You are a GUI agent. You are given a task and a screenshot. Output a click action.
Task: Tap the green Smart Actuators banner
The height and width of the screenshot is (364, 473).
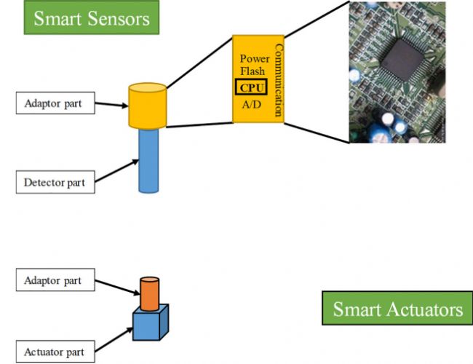pyautogui.click(x=397, y=309)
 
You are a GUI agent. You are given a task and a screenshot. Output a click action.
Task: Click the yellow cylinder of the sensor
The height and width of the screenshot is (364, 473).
pyautogui.click(x=148, y=106)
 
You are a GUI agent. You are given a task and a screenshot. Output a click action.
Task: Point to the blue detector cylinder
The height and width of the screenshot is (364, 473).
pyautogui.click(x=148, y=160)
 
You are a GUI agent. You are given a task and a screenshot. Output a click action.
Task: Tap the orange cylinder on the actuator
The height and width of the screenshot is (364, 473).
pyautogui.click(x=149, y=292)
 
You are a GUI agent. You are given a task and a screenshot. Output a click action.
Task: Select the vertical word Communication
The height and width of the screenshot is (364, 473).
pyautogui.click(x=277, y=80)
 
